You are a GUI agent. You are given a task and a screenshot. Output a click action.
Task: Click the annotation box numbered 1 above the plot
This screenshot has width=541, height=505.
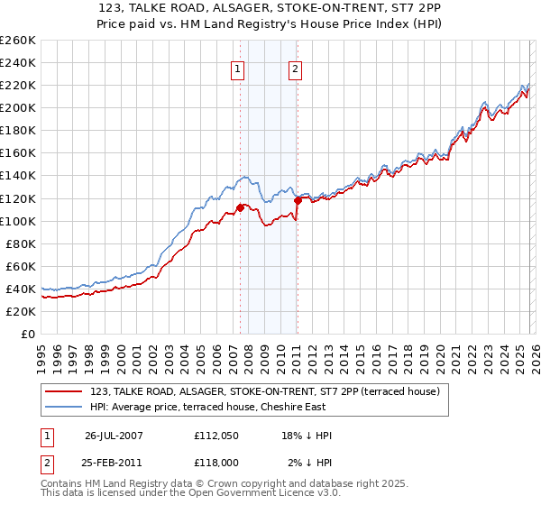point(238,69)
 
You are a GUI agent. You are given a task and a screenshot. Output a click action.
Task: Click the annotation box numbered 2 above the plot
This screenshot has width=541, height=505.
point(296,69)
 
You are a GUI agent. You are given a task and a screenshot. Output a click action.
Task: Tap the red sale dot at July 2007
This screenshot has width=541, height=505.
point(241,207)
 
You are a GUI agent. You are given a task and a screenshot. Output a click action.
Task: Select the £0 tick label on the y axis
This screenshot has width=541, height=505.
point(27,334)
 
